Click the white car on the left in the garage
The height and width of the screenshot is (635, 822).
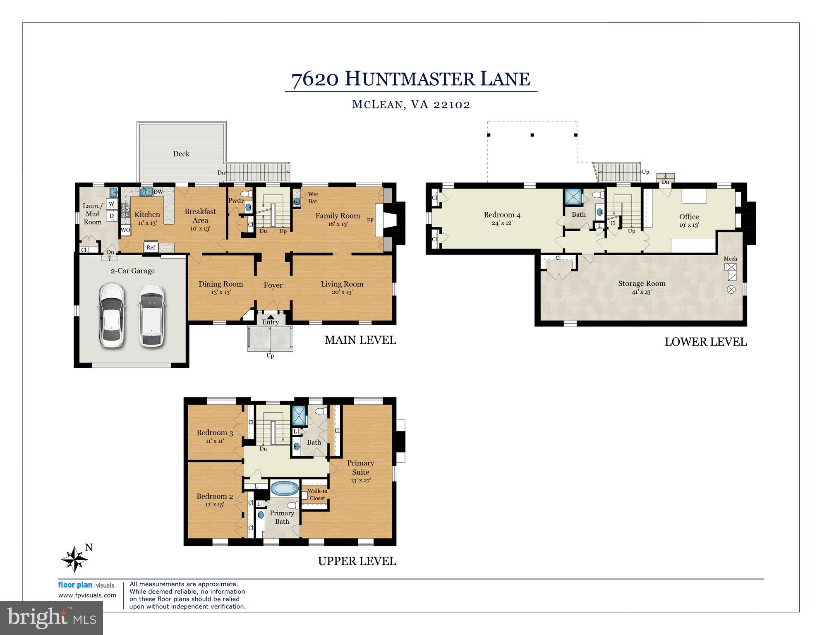tap(111, 315)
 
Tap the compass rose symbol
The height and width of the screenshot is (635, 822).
tap(75, 559)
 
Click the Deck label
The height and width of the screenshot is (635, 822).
tap(181, 154)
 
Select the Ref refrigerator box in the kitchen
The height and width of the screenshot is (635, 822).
tap(151, 247)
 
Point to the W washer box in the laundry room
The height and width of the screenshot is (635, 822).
tap(111, 204)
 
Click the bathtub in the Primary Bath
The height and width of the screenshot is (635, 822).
tap(285, 489)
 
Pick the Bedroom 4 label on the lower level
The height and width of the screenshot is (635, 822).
tap(502, 215)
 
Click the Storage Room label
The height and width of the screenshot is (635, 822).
tap(642, 283)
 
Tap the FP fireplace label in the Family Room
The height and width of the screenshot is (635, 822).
tap(370, 220)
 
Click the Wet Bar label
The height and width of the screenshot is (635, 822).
tap(313, 197)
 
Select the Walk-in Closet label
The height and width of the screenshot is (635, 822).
tap(317, 494)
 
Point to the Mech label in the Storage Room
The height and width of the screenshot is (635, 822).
tap(730, 259)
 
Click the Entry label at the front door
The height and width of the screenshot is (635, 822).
tap(270, 322)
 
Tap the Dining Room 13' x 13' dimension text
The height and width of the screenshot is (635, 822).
tap(220, 292)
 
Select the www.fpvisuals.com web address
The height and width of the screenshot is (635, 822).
tap(87, 595)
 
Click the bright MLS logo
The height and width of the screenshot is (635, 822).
tap(52, 618)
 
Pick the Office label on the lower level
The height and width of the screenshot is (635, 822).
tap(689, 216)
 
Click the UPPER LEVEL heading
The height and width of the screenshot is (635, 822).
tap(357, 561)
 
